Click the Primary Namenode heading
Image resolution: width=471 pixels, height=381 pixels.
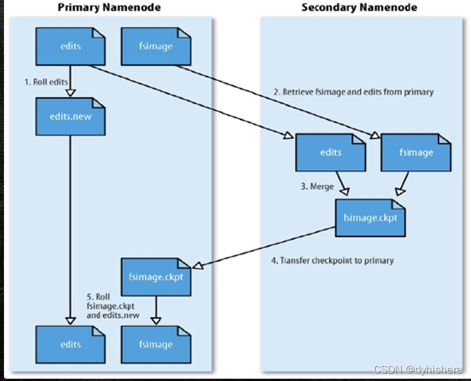(x=109, y=7)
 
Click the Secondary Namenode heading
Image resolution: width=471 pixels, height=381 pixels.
(x=359, y=7)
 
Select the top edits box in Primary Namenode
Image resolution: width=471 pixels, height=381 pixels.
(x=70, y=46)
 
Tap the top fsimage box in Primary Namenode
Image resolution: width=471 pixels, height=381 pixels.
(x=155, y=46)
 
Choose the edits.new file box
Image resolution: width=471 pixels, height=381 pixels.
(x=70, y=116)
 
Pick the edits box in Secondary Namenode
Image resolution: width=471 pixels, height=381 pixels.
(x=331, y=152)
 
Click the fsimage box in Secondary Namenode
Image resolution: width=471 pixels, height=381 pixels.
(x=416, y=152)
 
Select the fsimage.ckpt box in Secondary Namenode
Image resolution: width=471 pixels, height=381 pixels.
(x=371, y=217)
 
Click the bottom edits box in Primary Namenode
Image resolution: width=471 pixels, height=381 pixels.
(x=70, y=344)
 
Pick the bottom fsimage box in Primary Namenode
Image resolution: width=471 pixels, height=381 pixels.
(x=155, y=344)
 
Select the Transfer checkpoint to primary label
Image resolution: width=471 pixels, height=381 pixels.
(x=332, y=260)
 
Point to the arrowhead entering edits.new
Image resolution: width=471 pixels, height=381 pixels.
(x=70, y=92)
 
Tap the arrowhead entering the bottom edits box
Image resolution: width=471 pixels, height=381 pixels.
(x=70, y=321)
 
